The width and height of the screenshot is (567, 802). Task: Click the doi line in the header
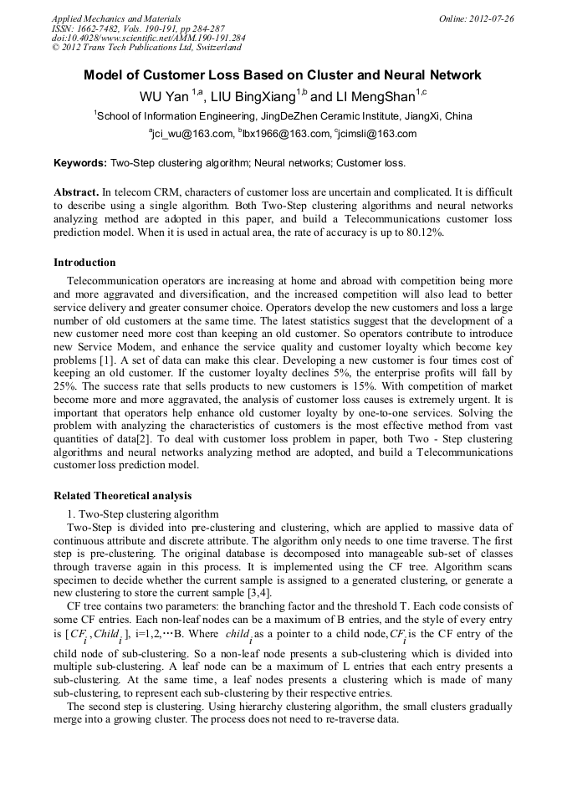148,38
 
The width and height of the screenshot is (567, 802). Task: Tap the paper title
282,75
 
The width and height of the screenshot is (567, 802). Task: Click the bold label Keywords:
80,163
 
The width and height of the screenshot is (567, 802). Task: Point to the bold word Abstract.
76,192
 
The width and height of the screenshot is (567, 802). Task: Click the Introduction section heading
84,263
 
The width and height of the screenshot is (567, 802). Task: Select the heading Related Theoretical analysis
122,495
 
